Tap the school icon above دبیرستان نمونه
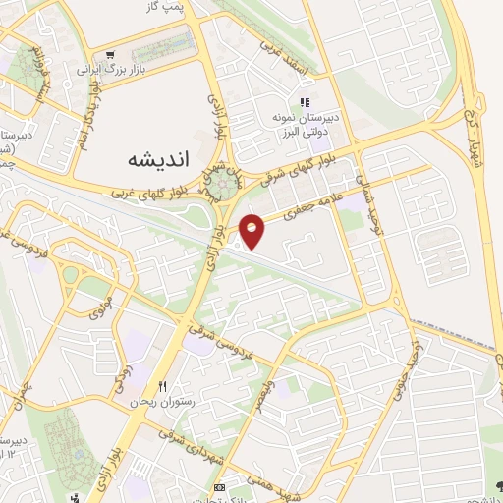[x=306, y=101]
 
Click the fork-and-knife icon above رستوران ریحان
[x=163, y=385]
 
